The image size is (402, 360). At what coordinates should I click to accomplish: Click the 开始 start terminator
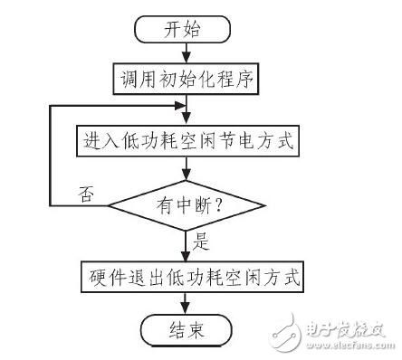click(185, 28)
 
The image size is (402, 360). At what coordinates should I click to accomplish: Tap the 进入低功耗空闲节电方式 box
click(185, 141)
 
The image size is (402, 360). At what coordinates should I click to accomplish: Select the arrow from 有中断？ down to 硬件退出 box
click(185, 246)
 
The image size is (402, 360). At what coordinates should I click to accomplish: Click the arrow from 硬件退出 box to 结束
click(185, 301)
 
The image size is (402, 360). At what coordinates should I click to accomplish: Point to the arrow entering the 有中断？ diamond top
click(185, 169)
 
